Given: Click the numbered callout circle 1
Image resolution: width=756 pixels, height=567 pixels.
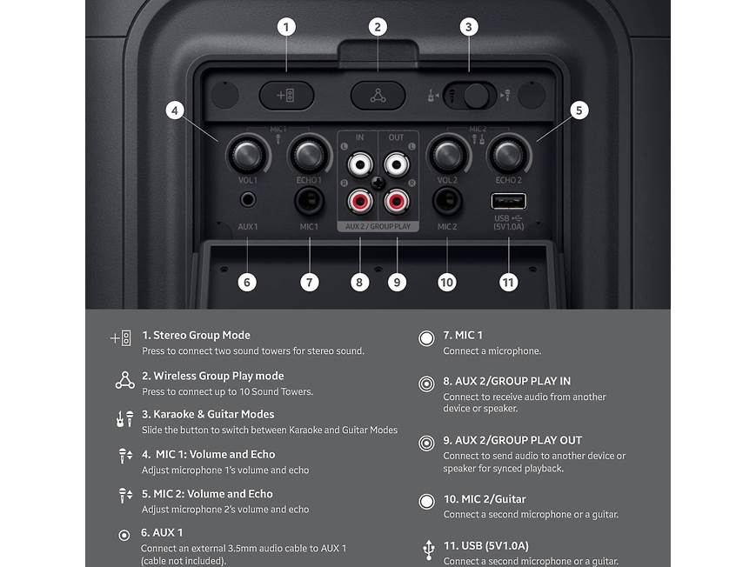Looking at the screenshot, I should coord(286,27).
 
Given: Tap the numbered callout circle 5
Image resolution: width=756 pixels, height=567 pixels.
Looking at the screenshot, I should coord(579,110).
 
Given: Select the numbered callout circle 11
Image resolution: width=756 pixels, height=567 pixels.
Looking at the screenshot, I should coord(508,282).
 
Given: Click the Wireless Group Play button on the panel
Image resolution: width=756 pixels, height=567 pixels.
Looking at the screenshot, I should coord(378,96).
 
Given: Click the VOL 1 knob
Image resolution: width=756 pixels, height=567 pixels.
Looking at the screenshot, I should coord(247,156).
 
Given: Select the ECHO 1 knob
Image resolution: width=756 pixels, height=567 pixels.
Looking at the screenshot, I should coord(308,156).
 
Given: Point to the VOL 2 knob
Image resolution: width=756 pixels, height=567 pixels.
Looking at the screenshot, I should coord(447,156).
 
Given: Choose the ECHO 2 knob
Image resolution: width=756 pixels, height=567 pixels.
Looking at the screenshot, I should coord(508,156).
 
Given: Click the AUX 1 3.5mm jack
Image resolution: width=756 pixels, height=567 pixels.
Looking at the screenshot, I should coord(248,200).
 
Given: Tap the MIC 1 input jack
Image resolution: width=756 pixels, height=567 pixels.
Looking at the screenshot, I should coord(308,202).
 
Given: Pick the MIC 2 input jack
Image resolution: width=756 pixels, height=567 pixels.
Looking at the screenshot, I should coord(447,202).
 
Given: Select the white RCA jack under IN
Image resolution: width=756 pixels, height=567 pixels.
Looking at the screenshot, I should coord(358,163).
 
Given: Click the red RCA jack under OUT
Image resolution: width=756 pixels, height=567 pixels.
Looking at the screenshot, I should coord(397,203).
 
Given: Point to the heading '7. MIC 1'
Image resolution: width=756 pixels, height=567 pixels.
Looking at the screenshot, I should coord(463,336).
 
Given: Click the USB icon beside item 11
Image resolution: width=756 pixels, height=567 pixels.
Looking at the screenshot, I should coord(427,549).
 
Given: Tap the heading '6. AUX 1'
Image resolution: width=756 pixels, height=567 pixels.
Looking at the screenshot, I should coord(162,532).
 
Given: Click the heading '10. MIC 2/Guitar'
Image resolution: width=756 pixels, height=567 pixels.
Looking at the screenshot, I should coord(485,499).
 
